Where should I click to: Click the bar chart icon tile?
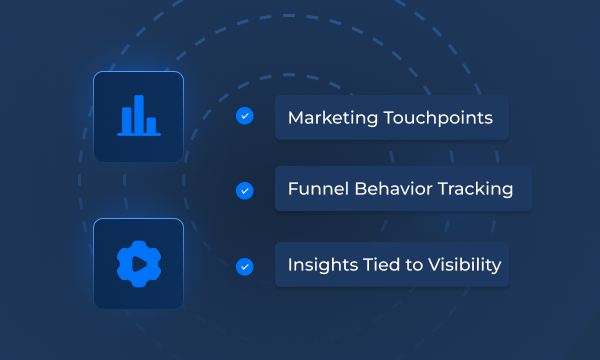138,117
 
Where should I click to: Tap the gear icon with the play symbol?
138,264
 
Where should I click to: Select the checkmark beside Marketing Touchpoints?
244,117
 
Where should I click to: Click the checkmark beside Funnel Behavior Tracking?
244,189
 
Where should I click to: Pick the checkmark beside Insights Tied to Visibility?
244,266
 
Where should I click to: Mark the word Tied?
376,266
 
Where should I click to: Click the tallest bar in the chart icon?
138,113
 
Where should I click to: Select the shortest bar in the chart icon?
151,124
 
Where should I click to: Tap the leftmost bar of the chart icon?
126,119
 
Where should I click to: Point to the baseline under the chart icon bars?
138,133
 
